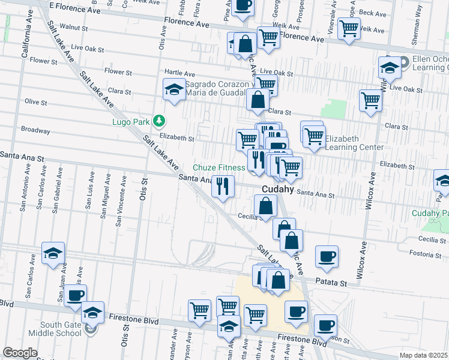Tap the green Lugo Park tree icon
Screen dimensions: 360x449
(158, 121)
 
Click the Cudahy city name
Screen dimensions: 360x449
(277, 188)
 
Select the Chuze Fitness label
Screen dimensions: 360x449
(218, 167)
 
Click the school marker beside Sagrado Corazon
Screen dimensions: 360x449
(174, 91)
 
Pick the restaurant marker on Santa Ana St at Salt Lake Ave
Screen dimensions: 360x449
(223, 186)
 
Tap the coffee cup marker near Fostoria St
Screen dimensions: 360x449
(327, 257)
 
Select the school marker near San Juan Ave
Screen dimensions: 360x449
(53, 254)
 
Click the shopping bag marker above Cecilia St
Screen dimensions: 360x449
(265, 206)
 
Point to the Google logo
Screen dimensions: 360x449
(20, 353)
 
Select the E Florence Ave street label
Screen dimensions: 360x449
(75, 8)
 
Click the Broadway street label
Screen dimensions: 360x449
(35, 130)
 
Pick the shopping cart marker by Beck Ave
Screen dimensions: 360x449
(348, 28)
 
